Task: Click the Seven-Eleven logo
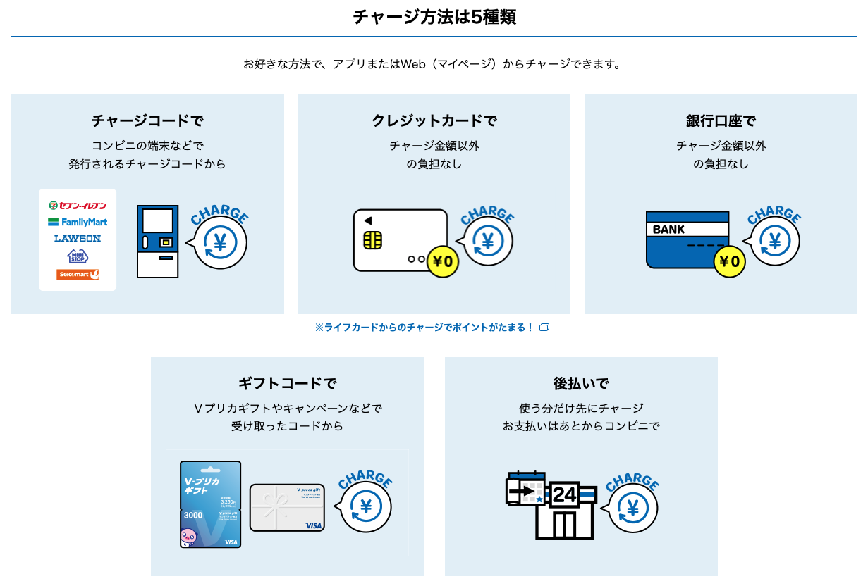coord(78,206)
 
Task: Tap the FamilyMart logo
coord(78,222)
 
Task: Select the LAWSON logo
coord(78,238)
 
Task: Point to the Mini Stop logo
coord(78,256)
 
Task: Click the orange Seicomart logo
coord(78,274)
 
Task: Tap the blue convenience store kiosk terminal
coord(157,242)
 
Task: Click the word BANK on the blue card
coord(668,230)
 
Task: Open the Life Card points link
coord(424,328)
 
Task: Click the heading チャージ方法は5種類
coord(434,17)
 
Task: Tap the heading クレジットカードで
coord(434,121)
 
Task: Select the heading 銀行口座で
coord(721,121)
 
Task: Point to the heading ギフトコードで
coord(287,384)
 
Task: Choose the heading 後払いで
coord(581,384)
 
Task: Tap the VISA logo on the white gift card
coord(314,525)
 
